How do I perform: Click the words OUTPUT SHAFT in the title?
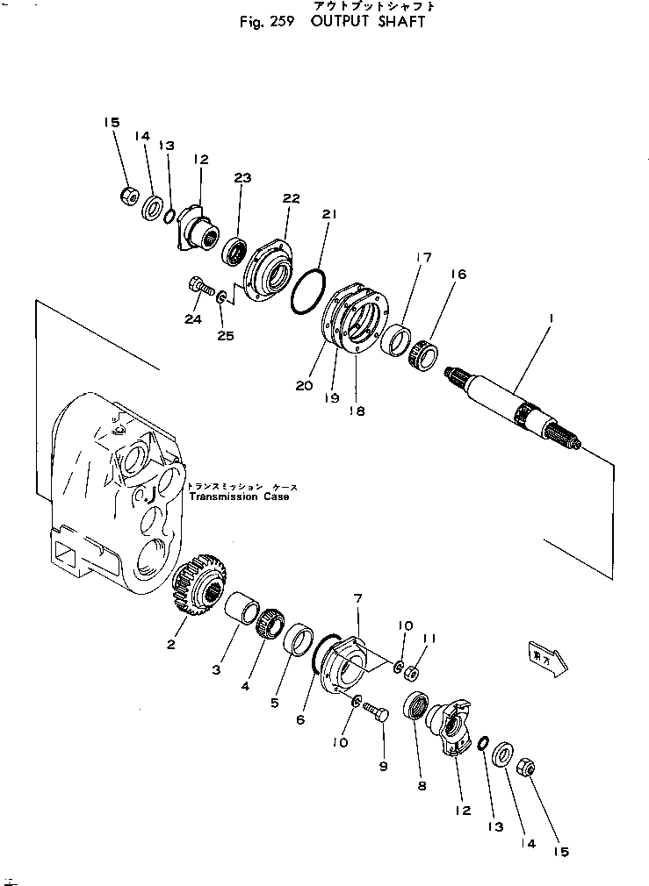[x=367, y=22]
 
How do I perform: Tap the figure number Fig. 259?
[x=268, y=22]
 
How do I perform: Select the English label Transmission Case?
[x=238, y=497]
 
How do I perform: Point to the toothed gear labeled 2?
[x=200, y=587]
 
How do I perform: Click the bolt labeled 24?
[x=198, y=285]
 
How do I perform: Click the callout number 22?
[x=291, y=199]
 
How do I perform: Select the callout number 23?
[x=242, y=178]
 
